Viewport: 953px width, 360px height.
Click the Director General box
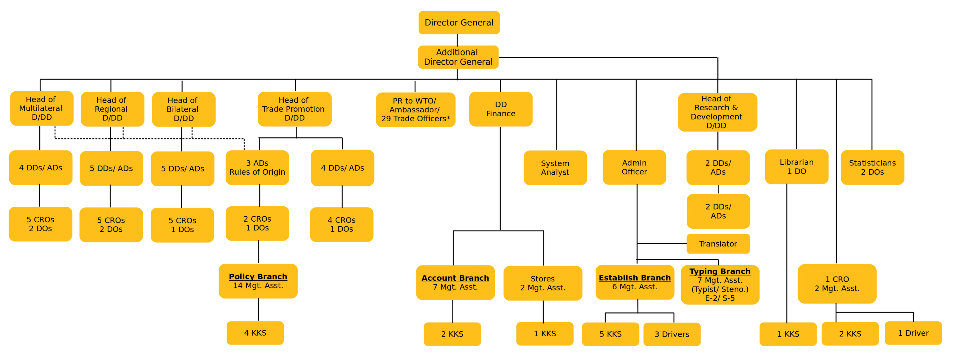click(459, 23)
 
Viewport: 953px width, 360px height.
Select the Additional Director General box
click(458, 57)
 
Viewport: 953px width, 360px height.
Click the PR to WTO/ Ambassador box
click(415, 110)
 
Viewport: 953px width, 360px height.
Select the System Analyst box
click(555, 168)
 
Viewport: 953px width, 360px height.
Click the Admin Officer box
click(634, 167)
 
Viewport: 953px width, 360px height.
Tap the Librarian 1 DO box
click(796, 167)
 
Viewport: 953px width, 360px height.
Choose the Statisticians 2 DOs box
click(872, 167)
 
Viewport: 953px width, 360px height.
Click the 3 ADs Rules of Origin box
click(257, 168)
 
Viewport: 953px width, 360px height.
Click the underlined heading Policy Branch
click(258, 276)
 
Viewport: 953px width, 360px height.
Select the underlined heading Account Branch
click(455, 278)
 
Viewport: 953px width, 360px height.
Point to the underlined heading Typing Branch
click(720, 271)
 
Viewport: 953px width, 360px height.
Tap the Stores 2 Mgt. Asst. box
click(542, 283)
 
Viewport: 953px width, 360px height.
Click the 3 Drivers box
click(671, 334)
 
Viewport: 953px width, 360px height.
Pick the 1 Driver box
click(913, 333)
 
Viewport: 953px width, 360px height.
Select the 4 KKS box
click(255, 333)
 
